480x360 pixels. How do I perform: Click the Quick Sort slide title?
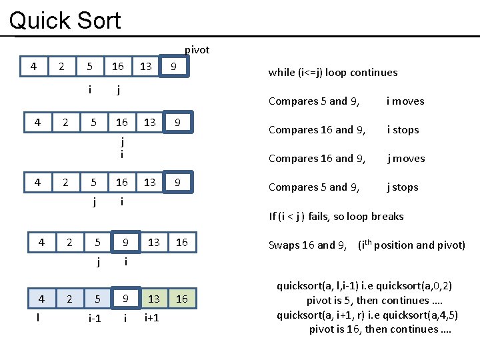tap(65, 20)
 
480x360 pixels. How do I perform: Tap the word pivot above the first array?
tap(197, 50)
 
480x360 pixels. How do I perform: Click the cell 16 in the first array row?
tap(118, 67)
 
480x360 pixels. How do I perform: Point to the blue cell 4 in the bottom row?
tap(41, 299)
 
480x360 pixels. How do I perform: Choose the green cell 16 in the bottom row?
tap(182, 299)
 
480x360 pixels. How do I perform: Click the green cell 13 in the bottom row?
tap(154, 299)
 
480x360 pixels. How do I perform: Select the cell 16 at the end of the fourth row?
tap(182, 243)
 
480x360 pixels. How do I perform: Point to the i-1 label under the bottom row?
tap(95, 319)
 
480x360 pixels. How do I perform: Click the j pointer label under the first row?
tap(118, 90)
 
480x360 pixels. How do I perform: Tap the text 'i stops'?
tap(403, 130)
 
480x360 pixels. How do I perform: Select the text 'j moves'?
tap(407, 159)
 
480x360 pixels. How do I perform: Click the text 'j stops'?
tap(403, 187)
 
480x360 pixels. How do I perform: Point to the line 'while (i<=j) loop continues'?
tap(333, 73)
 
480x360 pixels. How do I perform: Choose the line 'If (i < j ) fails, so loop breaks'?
tap(336, 216)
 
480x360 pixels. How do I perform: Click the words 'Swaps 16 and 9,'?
tap(307, 245)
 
